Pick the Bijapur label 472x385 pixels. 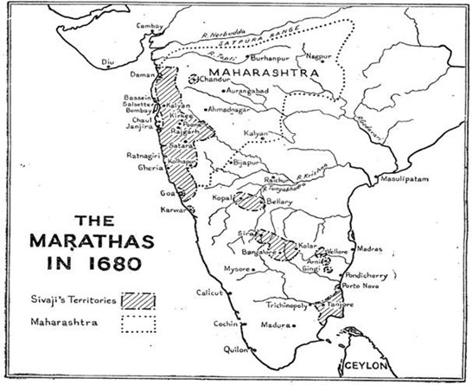(247, 161)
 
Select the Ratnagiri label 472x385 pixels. (139, 157)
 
